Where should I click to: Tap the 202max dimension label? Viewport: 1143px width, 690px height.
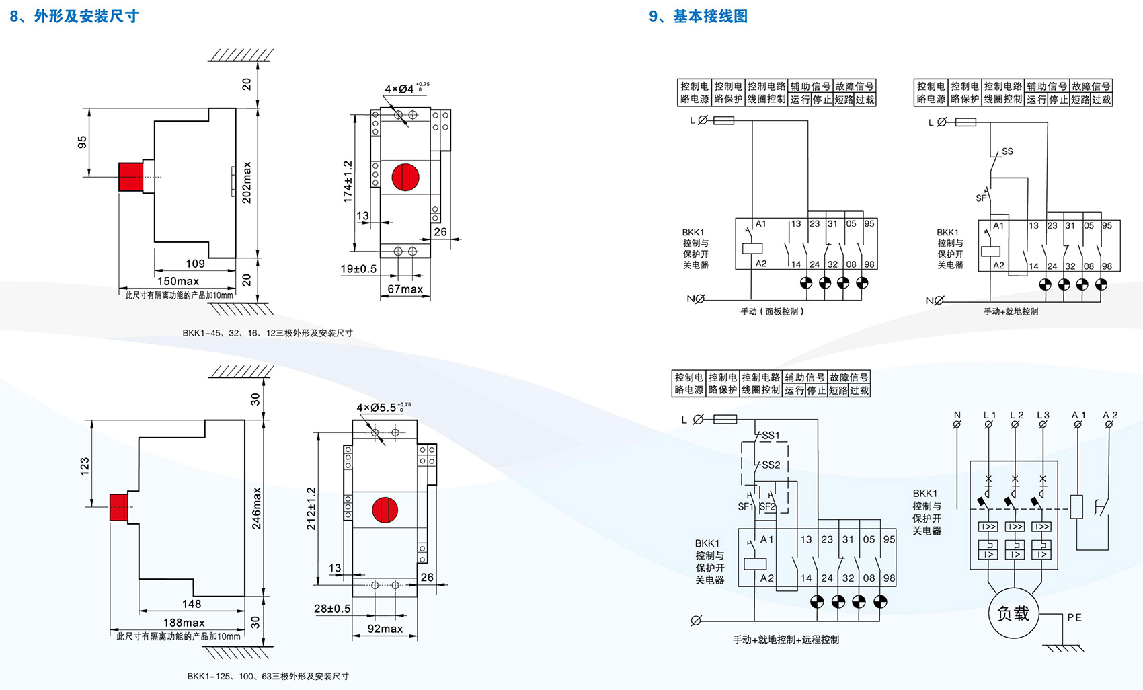point(247,182)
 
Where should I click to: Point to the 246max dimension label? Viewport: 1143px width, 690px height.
point(256,508)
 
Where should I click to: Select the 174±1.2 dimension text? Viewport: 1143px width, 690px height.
point(348,182)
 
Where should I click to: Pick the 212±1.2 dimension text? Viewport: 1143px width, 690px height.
point(311,508)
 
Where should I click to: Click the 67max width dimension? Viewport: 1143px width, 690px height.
point(405,289)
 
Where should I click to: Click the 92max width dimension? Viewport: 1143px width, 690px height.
point(385,629)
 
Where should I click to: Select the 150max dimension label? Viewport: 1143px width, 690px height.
point(178,281)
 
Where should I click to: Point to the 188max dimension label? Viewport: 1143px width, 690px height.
point(184,623)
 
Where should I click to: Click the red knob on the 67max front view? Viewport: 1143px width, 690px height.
point(405,177)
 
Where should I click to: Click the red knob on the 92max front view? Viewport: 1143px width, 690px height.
point(385,510)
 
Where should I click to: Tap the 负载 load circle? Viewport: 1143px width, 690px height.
point(1013,613)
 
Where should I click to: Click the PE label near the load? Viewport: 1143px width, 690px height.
point(1074,617)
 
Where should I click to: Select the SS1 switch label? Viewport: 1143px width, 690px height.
point(771,436)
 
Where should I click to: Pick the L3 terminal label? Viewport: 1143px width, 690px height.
point(1043,415)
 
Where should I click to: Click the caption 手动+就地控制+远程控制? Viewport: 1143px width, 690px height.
point(785,640)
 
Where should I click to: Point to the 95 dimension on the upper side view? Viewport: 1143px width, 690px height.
point(82,142)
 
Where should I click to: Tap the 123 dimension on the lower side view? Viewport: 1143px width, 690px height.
point(85,465)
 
